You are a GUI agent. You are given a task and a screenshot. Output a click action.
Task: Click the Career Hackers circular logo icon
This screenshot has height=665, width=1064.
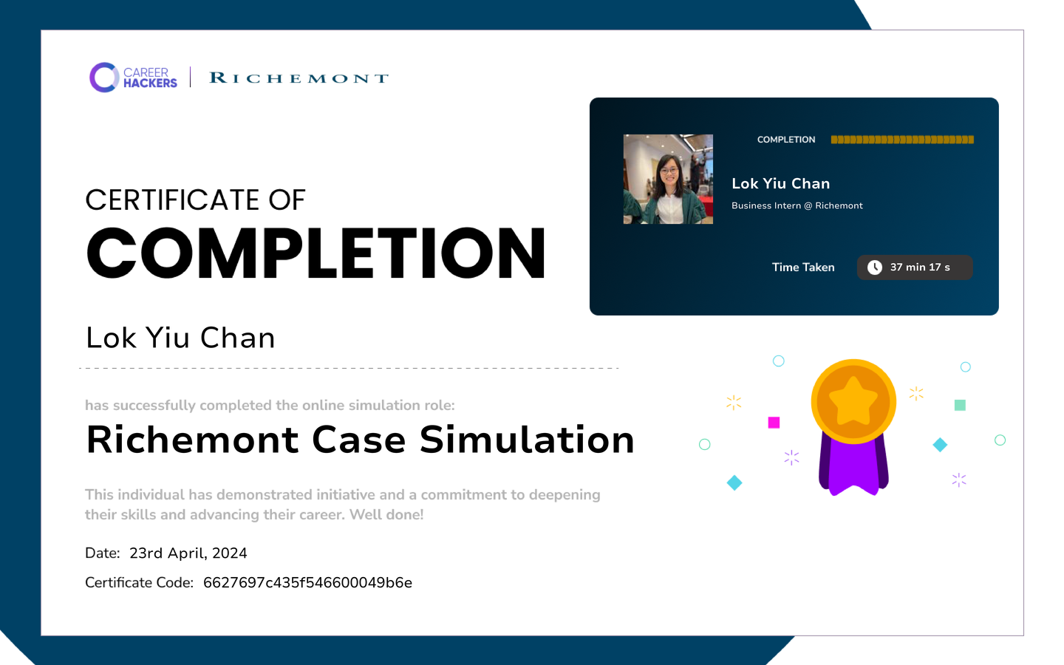click(x=103, y=77)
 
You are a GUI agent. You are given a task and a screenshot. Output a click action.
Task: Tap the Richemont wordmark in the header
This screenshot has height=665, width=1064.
click(x=299, y=78)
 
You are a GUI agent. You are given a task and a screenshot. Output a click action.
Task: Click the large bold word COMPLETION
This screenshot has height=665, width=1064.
click(x=316, y=253)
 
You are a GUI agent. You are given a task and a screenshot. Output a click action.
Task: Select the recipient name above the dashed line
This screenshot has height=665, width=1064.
click(x=180, y=338)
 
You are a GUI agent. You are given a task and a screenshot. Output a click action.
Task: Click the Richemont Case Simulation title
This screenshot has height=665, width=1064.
click(x=360, y=440)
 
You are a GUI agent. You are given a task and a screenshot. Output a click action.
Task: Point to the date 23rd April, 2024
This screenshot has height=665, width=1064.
click(x=188, y=553)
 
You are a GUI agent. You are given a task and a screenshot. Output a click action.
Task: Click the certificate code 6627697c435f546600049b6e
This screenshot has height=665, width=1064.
click(x=307, y=582)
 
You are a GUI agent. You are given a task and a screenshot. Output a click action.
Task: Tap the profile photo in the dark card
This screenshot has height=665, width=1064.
click(x=668, y=179)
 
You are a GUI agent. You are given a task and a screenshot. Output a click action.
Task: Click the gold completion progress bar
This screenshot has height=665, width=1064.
click(x=902, y=140)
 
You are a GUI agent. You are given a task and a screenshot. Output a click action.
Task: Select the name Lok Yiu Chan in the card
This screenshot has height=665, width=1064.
click(x=780, y=184)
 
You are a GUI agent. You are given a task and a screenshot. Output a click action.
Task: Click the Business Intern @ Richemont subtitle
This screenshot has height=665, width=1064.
click(x=797, y=205)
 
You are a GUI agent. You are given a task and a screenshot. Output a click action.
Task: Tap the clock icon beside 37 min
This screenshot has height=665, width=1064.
click(x=875, y=267)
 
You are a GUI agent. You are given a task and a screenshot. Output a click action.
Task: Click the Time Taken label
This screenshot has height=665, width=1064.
click(x=802, y=267)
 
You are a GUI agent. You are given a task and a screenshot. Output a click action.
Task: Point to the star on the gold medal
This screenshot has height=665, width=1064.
click(x=853, y=401)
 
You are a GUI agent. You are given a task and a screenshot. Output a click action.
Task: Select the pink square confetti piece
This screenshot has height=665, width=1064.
click(x=774, y=423)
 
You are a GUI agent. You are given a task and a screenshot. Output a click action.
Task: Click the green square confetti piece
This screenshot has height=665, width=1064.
click(x=960, y=405)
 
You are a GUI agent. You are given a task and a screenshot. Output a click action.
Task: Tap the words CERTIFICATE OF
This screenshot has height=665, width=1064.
click(x=195, y=199)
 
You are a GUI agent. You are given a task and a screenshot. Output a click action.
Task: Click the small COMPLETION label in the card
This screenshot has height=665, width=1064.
click(x=786, y=140)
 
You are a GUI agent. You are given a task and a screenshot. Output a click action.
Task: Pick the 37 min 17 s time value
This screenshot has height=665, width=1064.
click(x=920, y=267)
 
